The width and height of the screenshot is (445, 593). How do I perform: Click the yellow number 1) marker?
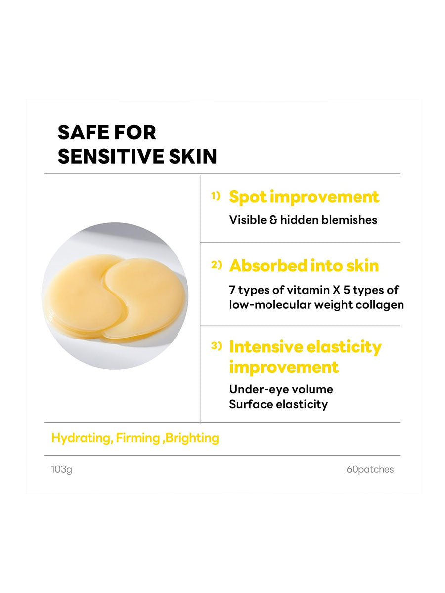[216, 196]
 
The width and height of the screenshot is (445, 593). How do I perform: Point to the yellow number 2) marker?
[216, 265]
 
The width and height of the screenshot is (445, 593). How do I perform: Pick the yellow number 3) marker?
[216, 346]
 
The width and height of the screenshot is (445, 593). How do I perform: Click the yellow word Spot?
[248, 197]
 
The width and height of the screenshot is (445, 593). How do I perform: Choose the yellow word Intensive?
[266, 347]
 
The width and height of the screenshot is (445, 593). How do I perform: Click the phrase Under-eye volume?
[281, 389]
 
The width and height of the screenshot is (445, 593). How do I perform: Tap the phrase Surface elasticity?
[278, 404]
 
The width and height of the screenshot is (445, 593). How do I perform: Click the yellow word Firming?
[138, 438]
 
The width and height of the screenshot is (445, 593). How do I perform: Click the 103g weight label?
[61, 469]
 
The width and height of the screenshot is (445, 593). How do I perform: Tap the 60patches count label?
[370, 469]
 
